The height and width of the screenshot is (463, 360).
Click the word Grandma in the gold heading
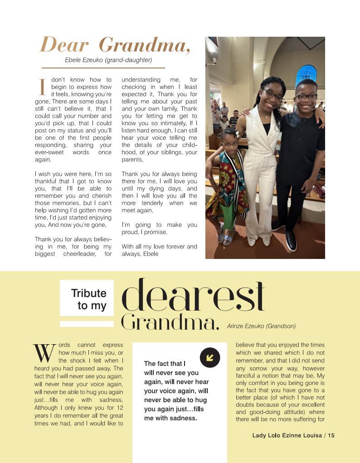point(144,45)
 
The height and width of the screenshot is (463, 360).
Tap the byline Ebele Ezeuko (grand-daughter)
point(108,60)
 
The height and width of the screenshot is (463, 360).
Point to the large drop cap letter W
point(44,353)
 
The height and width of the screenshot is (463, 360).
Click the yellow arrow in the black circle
point(210,357)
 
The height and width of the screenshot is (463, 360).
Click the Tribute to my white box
point(87,299)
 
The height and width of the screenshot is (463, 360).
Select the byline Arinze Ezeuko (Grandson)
point(261,326)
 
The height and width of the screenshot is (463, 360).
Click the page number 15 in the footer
point(331,435)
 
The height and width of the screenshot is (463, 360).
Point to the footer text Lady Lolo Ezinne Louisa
point(287,435)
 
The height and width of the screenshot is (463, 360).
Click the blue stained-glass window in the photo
point(306,75)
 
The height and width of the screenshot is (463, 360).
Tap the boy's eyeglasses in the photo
point(306,97)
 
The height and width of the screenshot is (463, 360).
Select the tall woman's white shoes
point(259,241)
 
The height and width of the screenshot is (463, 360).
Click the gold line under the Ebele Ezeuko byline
point(103,68)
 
